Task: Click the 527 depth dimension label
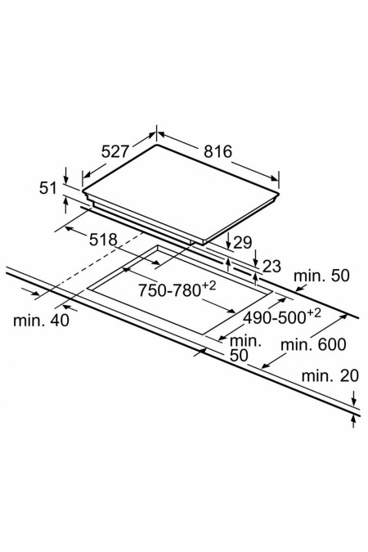tap(115, 152)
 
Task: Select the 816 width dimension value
tap(218, 151)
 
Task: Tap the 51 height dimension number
tap(48, 188)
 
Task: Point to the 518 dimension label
tap(103, 240)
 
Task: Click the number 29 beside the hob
tap(243, 243)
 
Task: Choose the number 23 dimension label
tap(272, 267)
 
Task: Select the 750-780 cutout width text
tap(169, 291)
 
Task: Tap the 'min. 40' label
tap(41, 321)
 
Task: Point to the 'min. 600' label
tap(313, 344)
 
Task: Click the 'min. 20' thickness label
tap(330, 376)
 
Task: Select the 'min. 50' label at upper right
tap(321, 276)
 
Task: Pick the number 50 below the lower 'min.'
tap(239, 356)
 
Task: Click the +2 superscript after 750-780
tap(209, 286)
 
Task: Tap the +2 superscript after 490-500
tap(314, 313)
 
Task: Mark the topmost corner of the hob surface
tap(156, 144)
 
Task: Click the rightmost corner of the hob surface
tap(279, 194)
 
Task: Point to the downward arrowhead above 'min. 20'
tap(354, 402)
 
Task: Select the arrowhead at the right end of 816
tap(274, 179)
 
